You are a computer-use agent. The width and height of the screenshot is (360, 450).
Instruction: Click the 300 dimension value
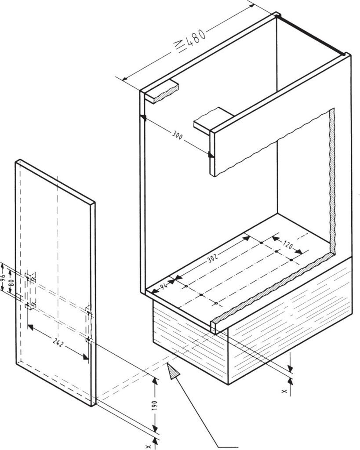178,135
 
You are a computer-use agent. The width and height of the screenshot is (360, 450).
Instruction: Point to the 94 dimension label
164,286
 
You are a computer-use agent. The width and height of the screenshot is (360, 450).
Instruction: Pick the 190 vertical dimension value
154,406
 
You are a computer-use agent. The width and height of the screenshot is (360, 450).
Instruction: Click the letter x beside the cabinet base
284,391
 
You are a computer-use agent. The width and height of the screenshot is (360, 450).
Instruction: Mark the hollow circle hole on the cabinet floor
186,286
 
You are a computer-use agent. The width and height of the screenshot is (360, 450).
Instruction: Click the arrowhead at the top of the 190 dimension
155,381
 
